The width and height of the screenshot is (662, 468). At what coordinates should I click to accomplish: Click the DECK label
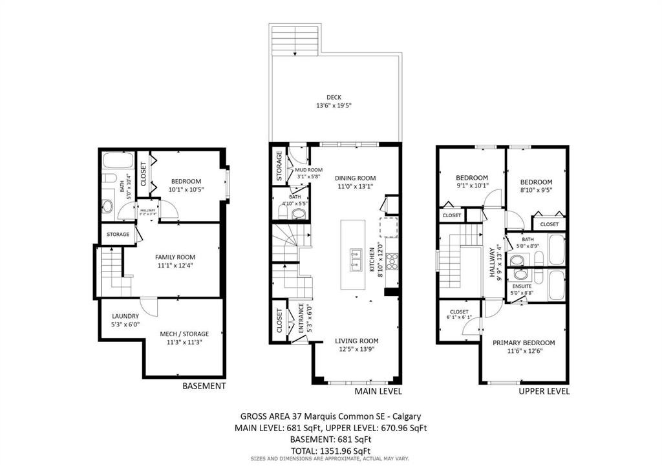[x=334, y=97]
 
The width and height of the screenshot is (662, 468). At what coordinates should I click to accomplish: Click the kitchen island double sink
[x=354, y=258]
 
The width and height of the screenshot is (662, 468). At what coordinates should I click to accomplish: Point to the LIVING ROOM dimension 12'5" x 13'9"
[x=356, y=350]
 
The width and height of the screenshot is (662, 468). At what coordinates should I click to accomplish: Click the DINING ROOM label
[x=355, y=178]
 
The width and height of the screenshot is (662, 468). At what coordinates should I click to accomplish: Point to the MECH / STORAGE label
[x=184, y=334]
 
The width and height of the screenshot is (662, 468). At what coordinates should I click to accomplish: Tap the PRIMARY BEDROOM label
[x=523, y=343]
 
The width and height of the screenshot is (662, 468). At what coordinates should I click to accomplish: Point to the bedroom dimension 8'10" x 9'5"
[x=537, y=191]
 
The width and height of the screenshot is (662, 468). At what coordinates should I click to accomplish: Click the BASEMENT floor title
[x=204, y=386]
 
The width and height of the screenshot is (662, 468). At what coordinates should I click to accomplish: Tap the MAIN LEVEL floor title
[x=378, y=391]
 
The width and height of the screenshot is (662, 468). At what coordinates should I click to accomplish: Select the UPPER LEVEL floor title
[x=544, y=391]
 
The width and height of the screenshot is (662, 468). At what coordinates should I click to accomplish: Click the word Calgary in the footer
[x=407, y=417]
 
